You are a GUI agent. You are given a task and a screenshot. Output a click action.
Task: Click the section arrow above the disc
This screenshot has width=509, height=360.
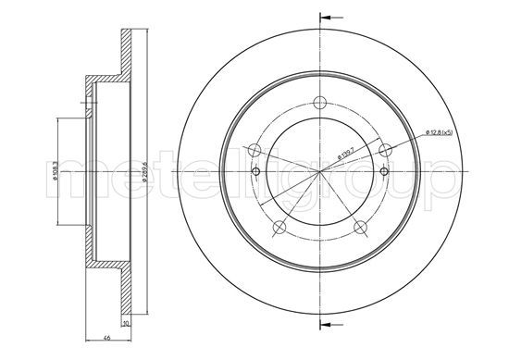click(329, 16)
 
